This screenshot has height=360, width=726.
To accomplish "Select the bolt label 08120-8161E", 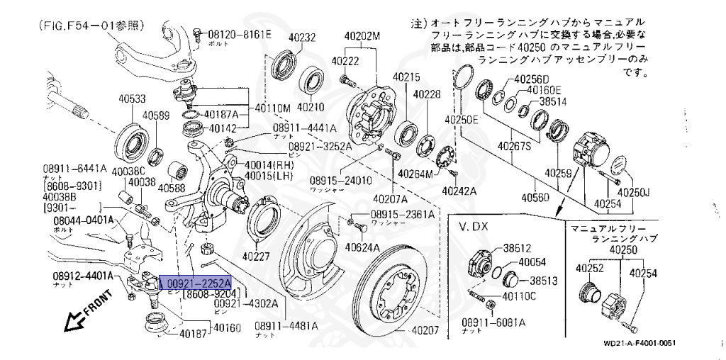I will (x=239, y=34).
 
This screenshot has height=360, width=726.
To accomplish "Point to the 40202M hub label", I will (x=362, y=36).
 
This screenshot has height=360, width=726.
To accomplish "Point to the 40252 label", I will (x=589, y=269).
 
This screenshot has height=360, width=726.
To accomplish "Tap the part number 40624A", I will (x=363, y=247).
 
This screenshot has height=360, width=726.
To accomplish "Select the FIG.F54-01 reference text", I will (x=88, y=26).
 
